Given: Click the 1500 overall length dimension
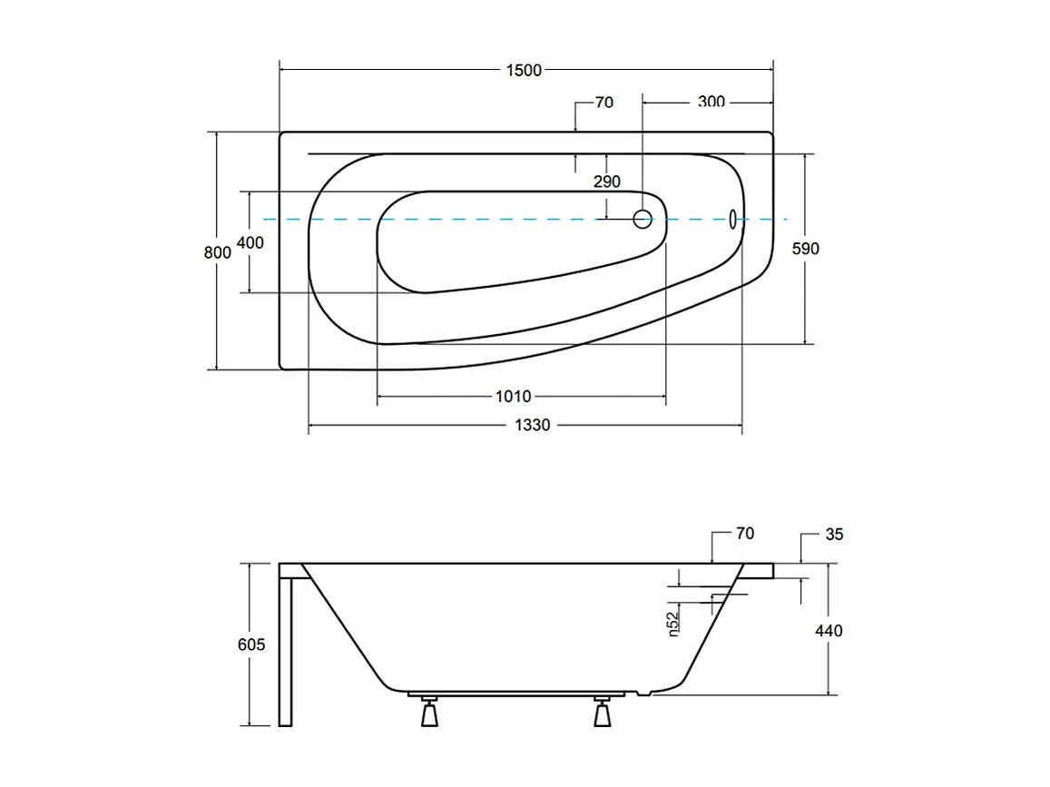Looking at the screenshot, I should tap(525, 70).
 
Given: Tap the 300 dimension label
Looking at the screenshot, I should tap(711, 102).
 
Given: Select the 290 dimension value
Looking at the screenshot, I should tap(606, 182).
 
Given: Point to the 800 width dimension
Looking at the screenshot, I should tap(217, 252).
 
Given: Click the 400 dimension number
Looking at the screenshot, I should tap(250, 242).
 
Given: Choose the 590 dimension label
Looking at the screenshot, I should tap(805, 248).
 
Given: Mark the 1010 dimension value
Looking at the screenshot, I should tap(513, 396).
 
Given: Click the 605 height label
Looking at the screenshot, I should tap(250, 644).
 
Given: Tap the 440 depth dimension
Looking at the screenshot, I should tap(828, 630).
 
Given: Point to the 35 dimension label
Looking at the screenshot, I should tap(833, 535).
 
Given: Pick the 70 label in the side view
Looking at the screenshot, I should tap(744, 534).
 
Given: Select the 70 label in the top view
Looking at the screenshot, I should tap(604, 103).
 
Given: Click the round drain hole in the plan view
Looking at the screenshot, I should tap(643, 219).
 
